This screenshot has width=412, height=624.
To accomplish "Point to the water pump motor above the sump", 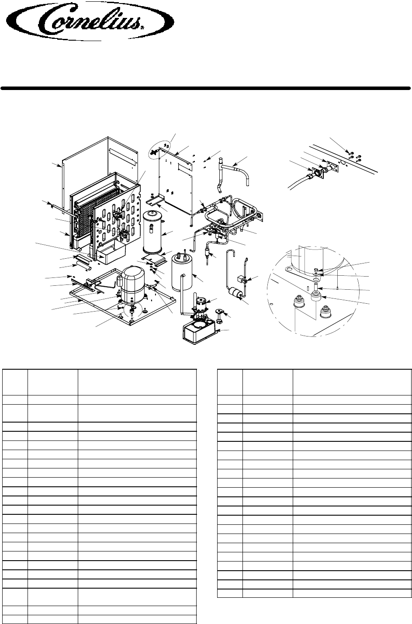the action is click(203, 304).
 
